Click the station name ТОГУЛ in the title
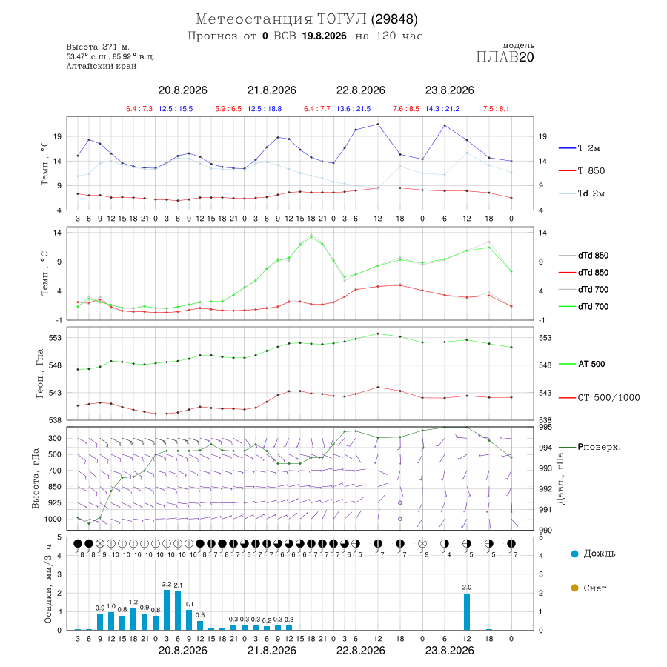(x=342, y=19)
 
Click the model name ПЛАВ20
(x=505, y=57)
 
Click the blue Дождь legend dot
(x=574, y=554)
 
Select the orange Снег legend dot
(x=574, y=588)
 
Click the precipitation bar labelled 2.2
(x=167, y=610)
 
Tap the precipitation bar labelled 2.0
(x=467, y=611)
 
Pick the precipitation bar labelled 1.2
(x=133, y=619)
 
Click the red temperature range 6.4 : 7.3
(x=139, y=109)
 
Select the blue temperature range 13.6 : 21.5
(x=353, y=109)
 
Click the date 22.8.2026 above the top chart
(x=360, y=90)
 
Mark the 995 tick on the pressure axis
(x=545, y=427)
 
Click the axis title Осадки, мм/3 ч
(x=48, y=584)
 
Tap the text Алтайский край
(x=102, y=67)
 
